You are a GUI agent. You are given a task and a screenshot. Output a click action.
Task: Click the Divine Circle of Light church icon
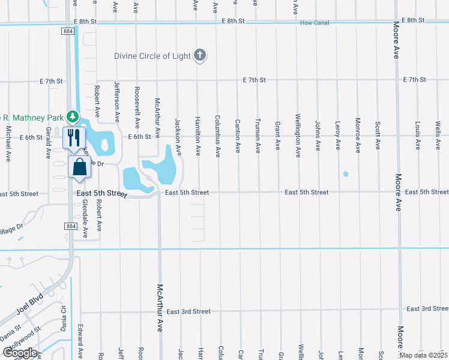coord(200,56)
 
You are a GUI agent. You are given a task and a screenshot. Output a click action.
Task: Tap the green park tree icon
coord(72,115)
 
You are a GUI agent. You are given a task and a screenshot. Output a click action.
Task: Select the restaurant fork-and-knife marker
coord(71,137)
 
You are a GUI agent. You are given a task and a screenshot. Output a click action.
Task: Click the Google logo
coord(20,353)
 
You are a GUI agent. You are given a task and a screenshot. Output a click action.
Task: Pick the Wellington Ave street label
coord(298,136)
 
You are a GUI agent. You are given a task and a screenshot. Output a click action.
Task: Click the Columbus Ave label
coord(218,136)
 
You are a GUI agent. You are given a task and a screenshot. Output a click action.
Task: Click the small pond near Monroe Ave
coord(346,175)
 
